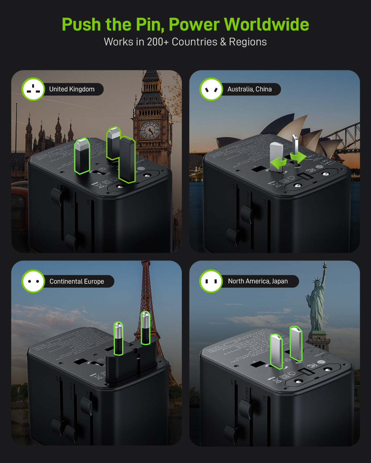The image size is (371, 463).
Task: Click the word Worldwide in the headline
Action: pos(266,24)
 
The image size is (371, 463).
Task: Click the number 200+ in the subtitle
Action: pos(158,42)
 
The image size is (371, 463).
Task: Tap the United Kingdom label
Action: pos(72,89)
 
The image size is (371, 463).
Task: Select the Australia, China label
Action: pos(249,89)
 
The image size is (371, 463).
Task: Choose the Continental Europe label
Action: pos(77,282)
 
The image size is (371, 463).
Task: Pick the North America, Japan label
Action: pos(258,281)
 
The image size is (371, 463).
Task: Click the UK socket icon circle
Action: pos(33,89)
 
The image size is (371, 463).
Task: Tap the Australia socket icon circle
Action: pos(211,89)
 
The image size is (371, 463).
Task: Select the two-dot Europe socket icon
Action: pos(33,282)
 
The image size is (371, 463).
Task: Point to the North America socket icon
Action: pos(211,281)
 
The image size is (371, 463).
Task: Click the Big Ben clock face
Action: pos(150,130)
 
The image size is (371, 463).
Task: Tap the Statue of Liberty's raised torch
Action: pos(325,265)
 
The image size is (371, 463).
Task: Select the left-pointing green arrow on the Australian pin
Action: pos(277,163)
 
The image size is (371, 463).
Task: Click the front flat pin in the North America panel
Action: pos(276,351)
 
